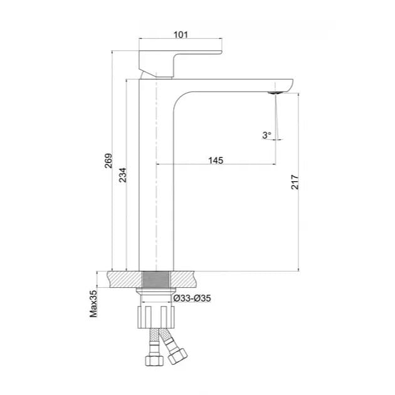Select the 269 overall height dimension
point(107,162)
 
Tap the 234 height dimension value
point(123,175)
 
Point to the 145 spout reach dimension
point(215,161)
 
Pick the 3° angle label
point(266,134)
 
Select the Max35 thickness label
point(93,303)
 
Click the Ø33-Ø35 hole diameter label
point(192,298)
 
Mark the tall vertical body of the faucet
point(154,188)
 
